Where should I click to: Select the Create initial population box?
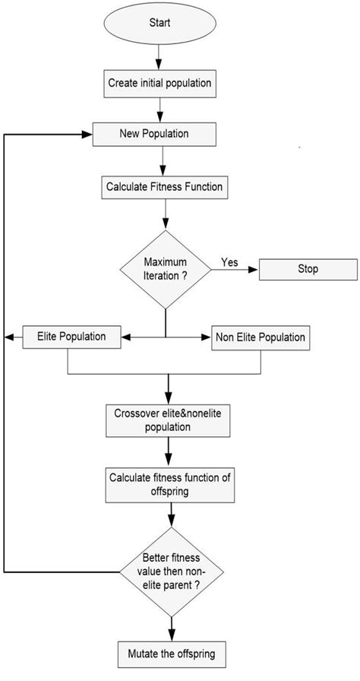tap(159, 83)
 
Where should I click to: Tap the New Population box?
tap(154, 134)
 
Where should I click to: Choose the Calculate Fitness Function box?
tap(165, 185)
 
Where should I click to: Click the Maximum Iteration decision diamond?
tap(165, 268)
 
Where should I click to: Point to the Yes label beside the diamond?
tap(229, 262)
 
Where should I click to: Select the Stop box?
tap(308, 269)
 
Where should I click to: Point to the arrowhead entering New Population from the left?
tap(86, 134)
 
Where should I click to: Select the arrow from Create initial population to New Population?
tap(159, 108)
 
